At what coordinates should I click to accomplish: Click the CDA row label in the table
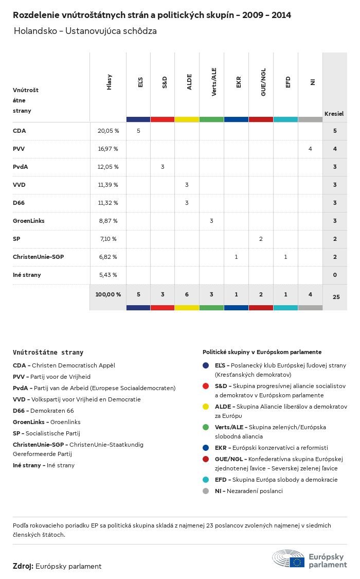click(20, 131)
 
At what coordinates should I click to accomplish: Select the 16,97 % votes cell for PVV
click(108, 149)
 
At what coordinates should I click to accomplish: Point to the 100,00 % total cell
click(108, 294)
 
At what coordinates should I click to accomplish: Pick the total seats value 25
click(335, 297)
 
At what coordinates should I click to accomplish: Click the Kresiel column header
click(334, 113)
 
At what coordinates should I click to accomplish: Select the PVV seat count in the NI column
click(310, 149)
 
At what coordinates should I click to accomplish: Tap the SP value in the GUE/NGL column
click(261, 239)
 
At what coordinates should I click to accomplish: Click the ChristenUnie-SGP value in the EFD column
click(285, 257)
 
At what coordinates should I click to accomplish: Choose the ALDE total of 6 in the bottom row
click(187, 294)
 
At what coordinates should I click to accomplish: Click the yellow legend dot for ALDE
click(206, 407)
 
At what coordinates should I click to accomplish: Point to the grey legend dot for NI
click(206, 491)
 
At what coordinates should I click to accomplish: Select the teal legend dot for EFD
click(206, 480)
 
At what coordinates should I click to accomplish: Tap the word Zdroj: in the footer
click(23, 566)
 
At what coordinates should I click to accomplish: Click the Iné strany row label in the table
click(27, 275)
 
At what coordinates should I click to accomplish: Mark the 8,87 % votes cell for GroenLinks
click(108, 221)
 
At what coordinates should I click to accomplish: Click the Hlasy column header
click(109, 83)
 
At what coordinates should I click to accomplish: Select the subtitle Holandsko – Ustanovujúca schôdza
click(85, 31)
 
